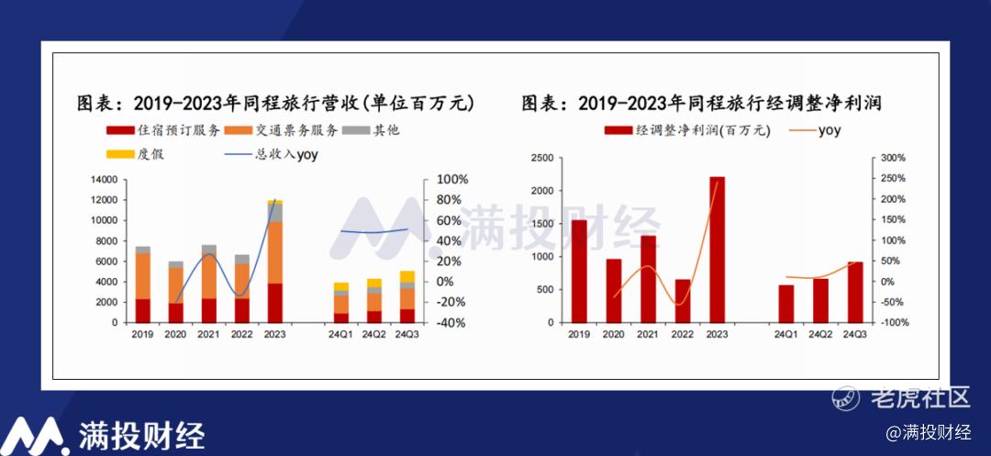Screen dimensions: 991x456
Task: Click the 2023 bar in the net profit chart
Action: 717,250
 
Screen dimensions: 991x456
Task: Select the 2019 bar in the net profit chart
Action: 579,271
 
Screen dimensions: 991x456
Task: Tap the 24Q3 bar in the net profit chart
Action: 855,293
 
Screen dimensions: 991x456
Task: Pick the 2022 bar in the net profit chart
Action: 683,301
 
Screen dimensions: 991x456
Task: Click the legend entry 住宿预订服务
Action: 163,130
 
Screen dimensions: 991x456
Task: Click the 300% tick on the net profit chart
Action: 894,158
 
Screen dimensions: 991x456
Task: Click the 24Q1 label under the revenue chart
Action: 340,334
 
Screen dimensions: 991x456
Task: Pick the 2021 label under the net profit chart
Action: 648,334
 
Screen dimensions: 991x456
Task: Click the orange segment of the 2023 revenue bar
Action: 275,252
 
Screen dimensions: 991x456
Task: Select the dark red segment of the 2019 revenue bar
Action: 143,311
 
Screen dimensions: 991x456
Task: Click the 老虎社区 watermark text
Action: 919,398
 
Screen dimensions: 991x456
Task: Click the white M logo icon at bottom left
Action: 35,435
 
